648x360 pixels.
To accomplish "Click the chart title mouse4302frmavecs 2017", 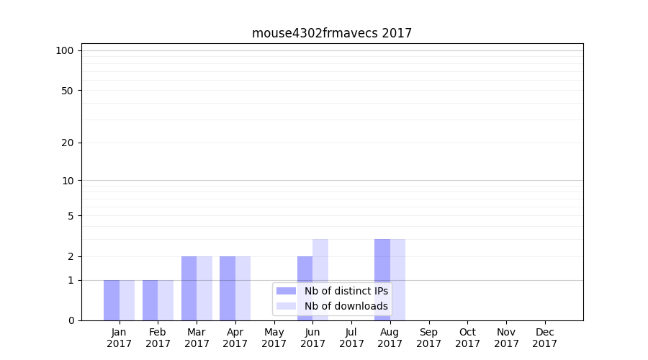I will [332, 33].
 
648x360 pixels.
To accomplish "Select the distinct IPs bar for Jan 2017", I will [112, 300].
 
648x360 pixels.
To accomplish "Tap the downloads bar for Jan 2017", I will [127, 300].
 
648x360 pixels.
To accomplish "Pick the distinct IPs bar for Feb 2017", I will [150, 300].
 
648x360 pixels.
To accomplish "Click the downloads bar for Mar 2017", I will [204, 288].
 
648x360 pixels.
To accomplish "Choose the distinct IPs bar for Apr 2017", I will [228, 288].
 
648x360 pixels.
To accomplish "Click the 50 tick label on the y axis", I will [68, 91].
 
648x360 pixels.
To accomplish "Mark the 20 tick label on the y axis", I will [68, 143].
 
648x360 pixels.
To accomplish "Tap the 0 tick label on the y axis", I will [71, 320].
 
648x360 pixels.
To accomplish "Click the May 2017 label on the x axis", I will [274, 338].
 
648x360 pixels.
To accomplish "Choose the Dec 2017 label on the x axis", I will [545, 338].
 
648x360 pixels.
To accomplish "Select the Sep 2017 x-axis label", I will [428, 338].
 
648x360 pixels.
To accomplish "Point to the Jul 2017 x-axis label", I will [351, 338].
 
